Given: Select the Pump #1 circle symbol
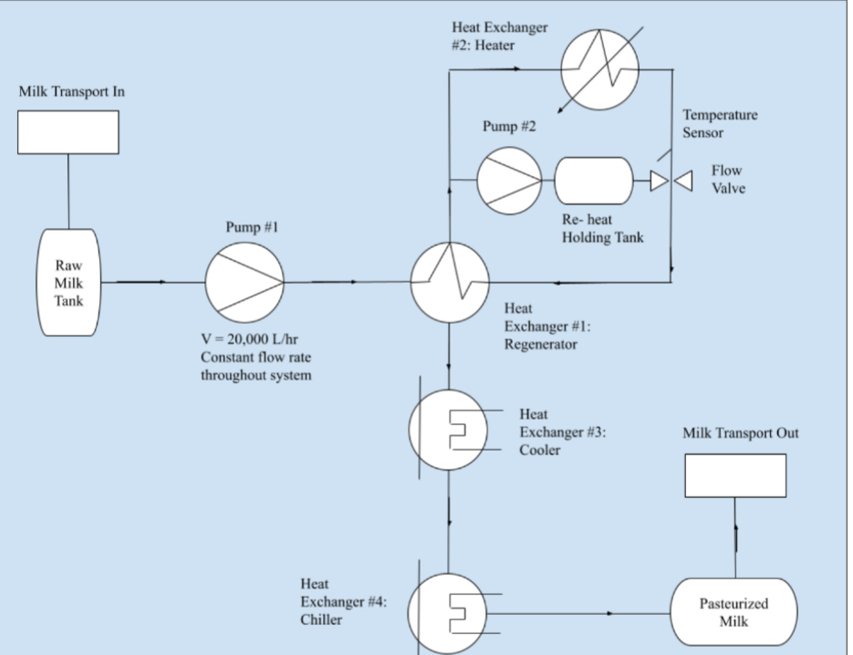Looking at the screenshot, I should click(x=244, y=282).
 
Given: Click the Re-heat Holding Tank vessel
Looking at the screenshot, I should click(x=594, y=181).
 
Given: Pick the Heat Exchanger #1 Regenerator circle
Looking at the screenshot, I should click(x=450, y=282).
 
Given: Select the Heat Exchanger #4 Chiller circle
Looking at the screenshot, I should click(x=449, y=611).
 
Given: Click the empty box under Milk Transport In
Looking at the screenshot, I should click(x=68, y=132).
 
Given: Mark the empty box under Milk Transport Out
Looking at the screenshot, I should click(x=735, y=475).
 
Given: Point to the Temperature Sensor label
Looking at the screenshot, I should click(x=720, y=124).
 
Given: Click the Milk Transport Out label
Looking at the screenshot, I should click(x=740, y=433).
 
